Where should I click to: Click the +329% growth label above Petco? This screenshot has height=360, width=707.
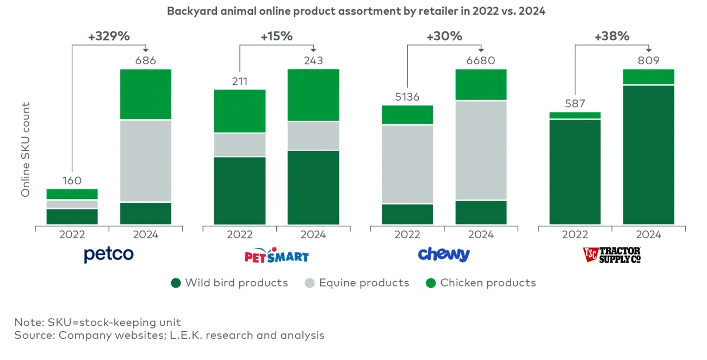point(109,36)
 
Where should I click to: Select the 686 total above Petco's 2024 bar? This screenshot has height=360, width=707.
point(145,60)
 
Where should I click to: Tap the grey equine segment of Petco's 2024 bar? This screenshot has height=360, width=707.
point(145,161)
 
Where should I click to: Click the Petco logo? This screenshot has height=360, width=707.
point(109,254)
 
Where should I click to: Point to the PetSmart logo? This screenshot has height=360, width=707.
point(276,255)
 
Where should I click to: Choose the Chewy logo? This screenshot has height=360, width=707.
point(444,254)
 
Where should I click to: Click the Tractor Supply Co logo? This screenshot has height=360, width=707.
point(612,255)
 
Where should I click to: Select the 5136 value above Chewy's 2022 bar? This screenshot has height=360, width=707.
point(407,97)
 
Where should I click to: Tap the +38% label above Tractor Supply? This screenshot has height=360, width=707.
point(612,36)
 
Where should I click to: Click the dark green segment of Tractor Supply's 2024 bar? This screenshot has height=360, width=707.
point(648,154)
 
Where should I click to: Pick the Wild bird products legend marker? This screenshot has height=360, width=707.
point(176,283)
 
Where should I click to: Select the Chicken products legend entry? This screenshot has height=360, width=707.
point(481,283)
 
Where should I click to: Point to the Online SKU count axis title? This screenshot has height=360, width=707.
point(26,150)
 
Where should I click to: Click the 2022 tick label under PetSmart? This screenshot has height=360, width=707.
point(239,235)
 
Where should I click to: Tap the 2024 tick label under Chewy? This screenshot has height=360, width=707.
point(481,235)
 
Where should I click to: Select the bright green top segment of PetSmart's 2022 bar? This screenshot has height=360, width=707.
point(239,111)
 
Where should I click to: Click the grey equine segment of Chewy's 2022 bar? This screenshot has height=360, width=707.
point(407,164)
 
